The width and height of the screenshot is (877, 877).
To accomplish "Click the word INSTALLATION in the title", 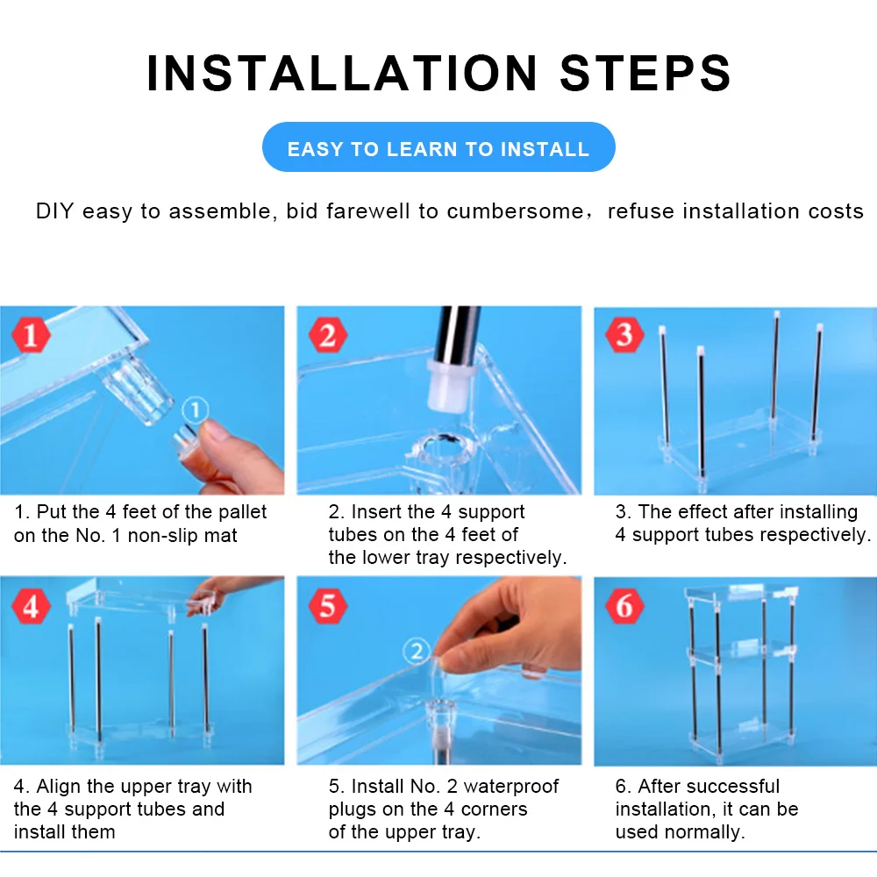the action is click(342, 74).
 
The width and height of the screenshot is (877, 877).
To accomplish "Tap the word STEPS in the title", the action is click(645, 74).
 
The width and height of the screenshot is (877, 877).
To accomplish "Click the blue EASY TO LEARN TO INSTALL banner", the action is click(438, 147).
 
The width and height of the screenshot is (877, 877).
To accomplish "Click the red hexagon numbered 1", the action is click(31, 334).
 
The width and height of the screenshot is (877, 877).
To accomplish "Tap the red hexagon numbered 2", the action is click(328, 334).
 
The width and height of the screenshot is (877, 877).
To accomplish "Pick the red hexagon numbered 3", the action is click(624, 334).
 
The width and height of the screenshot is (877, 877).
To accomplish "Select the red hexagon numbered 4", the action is click(31, 606).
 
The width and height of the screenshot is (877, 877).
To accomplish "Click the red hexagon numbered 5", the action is click(328, 606).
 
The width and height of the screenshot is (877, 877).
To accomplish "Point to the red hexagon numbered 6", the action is click(624, 606).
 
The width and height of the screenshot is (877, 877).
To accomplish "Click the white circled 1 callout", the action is click(196, 410).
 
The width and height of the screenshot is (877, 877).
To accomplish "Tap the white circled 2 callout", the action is click(417, 651).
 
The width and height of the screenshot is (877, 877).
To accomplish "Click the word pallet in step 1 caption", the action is click(242, 512).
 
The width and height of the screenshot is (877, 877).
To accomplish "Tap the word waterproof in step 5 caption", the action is click(510, 787).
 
